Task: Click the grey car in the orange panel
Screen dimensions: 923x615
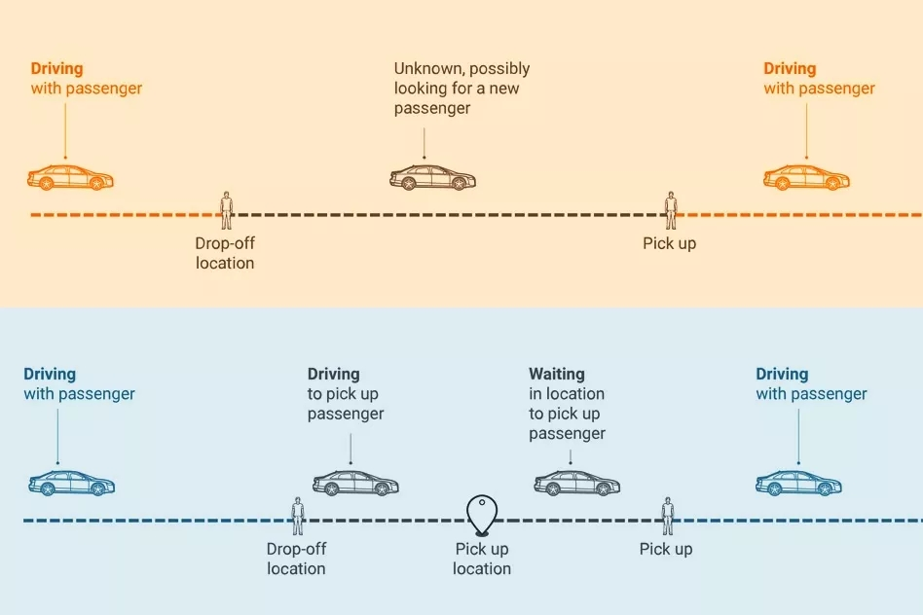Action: [432, 177]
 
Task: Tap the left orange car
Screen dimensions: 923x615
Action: [71, 177]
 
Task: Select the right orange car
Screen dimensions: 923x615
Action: [806, 177]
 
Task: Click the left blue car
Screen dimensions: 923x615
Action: [72, 484]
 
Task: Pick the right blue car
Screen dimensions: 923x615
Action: [798, 484]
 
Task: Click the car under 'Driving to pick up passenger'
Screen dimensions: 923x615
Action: [355, 484]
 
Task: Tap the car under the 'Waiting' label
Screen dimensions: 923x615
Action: [576, 484]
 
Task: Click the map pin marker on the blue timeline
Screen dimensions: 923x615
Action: [482, 516]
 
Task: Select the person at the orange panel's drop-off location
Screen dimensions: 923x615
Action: [227, 210]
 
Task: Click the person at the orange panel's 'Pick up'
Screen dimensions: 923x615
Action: [671, 210]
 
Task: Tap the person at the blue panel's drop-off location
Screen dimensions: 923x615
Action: [298, 516]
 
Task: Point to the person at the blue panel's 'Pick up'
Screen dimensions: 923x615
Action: [667, 516]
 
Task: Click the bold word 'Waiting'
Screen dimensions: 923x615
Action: [557, 374]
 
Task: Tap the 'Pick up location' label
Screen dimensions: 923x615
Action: [482, 559]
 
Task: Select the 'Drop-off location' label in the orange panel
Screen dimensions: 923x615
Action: [225, 253]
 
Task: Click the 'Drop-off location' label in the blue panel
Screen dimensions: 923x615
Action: [296, 559]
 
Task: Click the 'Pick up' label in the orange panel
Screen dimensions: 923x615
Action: [669, 243]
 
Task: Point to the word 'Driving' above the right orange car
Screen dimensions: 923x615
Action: [790, 69]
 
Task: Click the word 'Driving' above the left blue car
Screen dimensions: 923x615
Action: [50, 375]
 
